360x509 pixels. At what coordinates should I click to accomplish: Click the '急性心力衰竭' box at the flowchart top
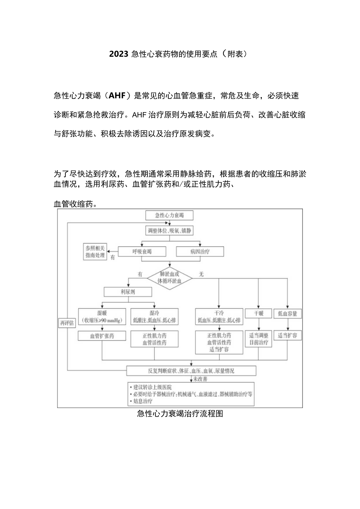pos(169,215)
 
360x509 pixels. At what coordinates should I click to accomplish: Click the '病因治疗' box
pos(200,252)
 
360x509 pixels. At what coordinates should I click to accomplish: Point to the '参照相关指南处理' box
pos(95,252)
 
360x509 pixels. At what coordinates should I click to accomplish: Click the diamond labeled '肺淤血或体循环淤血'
pos(169,278)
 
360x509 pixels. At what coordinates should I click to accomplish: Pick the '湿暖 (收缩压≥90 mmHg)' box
pos(102,317)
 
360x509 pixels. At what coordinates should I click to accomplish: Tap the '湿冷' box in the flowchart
pos(154,317)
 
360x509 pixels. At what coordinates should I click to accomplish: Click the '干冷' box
pos(219,317)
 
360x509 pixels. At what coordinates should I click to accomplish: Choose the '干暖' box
pos(258,313)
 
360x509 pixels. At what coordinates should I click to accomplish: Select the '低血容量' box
pos(288,313)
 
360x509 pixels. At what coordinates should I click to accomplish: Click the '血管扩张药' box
pos(102,336)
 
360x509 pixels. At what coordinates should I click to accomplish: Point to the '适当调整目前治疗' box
pos(258,339)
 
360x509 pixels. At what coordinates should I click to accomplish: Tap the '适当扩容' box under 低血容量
pos(288,336)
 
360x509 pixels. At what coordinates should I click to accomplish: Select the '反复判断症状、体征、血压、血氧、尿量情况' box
pos(191,370)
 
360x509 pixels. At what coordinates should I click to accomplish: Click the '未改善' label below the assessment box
pos(200,379)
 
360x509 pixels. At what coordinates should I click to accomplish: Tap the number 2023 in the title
pos(119,54)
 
